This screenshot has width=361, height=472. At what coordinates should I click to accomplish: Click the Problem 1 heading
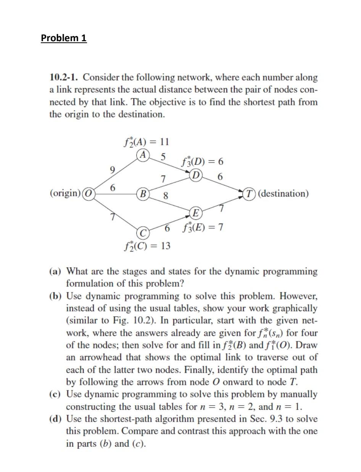point(64,38)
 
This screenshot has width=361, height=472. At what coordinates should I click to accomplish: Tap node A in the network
point(143,155)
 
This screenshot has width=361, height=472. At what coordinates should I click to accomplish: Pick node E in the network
point(195,213)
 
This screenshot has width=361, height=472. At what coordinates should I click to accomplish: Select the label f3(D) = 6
point(203,161)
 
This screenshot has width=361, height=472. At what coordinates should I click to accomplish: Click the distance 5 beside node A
point(163,156)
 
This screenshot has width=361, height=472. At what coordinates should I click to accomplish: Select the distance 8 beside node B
point(166,197)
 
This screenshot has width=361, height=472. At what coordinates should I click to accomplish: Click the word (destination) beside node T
point(284,193)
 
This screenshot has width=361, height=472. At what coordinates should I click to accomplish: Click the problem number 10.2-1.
point(64,78)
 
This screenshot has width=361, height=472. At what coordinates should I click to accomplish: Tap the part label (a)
point(56,272)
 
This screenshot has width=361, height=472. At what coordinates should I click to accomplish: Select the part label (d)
point(56,419)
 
